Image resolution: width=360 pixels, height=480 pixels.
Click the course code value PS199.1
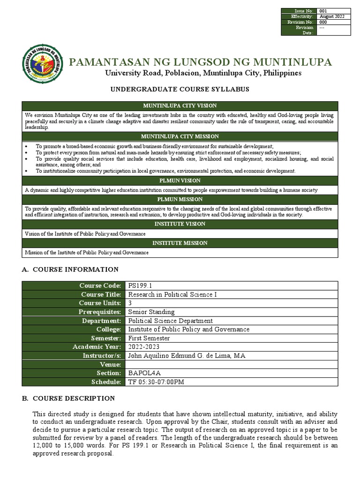pyautogui.click(x=139, y=286)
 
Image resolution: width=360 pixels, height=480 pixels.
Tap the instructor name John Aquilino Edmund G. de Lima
pyautogui.click(x=186, y=356)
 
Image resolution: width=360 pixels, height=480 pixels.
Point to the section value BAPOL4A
pyautogui.click(x=144, y=373)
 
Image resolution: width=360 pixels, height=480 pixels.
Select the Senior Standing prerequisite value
pyautogui.click(x=151, y=312)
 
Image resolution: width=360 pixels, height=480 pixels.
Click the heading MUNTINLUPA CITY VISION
pyautogui.click(x=180, y=106)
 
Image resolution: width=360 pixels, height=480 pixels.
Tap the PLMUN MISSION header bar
pyautogui.click(x=180, y=199)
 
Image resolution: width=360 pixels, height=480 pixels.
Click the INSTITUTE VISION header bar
pyautogui.click(x=180, y=224)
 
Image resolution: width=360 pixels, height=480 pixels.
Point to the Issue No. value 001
pyautogui.click(x=323, y=11)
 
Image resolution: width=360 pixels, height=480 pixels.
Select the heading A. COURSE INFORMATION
pyautogui.click(x=71, y=270)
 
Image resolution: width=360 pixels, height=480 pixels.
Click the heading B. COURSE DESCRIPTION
pyautogui.click(x=69, y=398)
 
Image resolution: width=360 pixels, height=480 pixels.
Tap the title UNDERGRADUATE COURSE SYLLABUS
pyautogui.click(x=180, y=89)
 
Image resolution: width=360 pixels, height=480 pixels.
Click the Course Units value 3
pyautogui.click(x=130, y=303)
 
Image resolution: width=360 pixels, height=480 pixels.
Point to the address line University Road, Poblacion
pyautogui.click(x=203, y=74)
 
